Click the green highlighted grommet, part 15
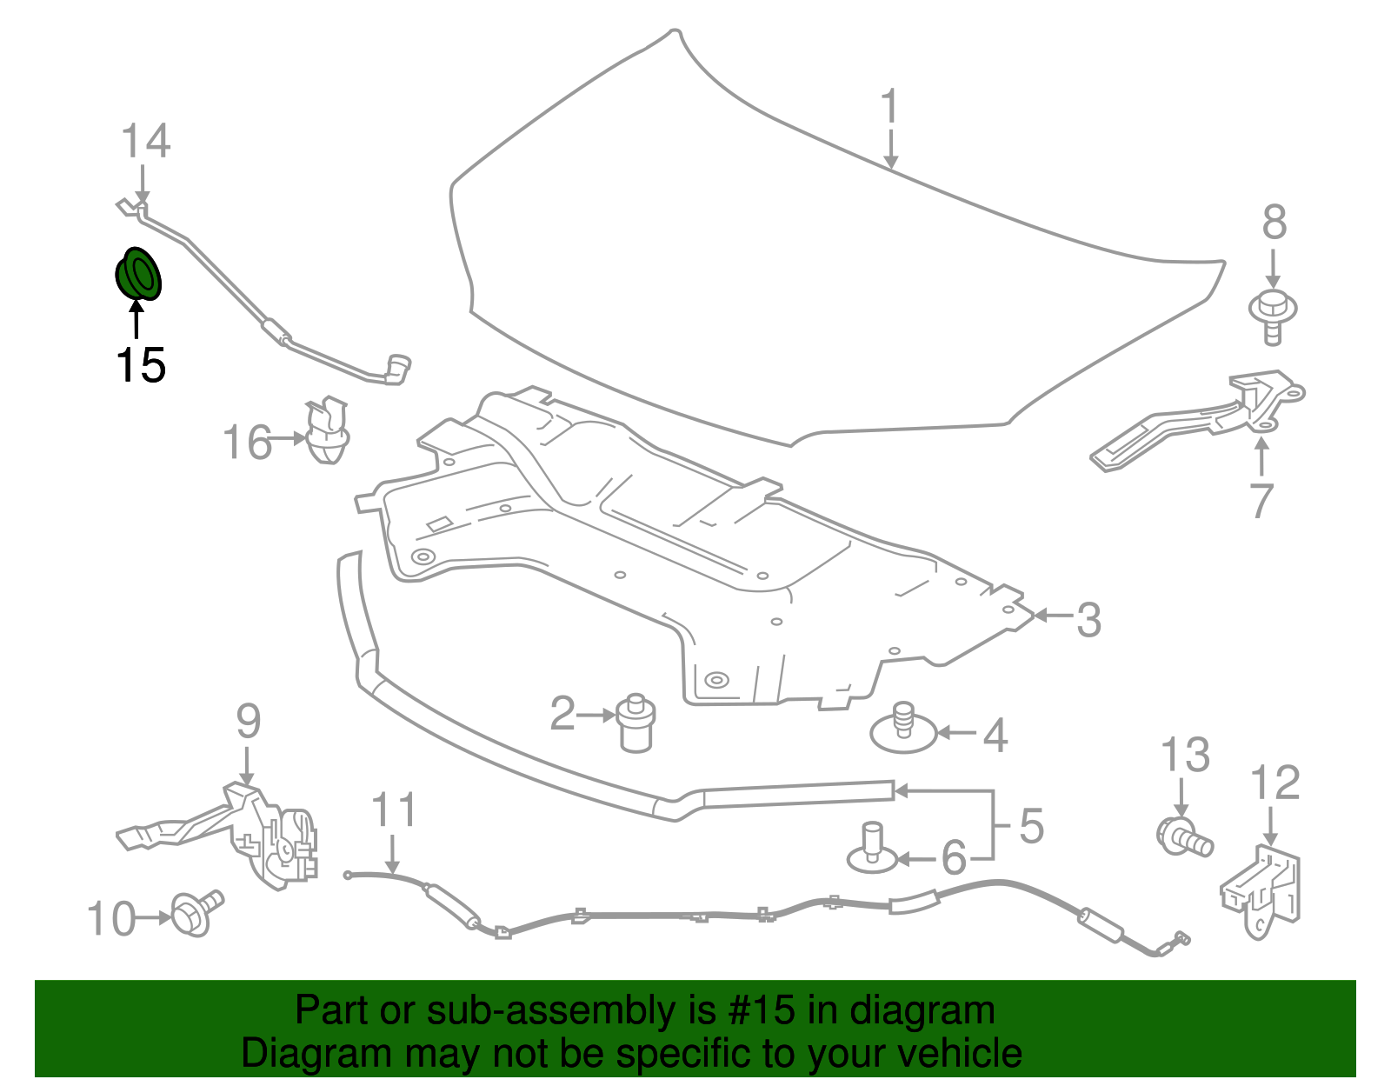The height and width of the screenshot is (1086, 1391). pyautogui.click(x=139, y=274)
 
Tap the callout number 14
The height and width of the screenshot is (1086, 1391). pyautogui.click(x=145, y=142)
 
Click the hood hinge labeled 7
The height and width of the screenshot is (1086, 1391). pyautogui.click(x=1200, y=422)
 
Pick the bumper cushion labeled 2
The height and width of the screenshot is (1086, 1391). pyautogui.click(x=636, y=723)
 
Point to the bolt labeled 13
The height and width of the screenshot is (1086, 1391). pyautogui.click(x=1183, y=836)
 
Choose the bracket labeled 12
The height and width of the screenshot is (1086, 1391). pyautogui.click(x=1263, y=891)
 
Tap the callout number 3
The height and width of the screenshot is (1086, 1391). pyautogui.click(x=1088, y=620)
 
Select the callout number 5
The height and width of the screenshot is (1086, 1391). pyautogui.click(x=1031, y=826)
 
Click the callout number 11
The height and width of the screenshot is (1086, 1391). pyautogui.click(x=394, y=810)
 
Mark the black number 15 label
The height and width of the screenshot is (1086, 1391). pyautogui.click(x=140, y=365)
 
